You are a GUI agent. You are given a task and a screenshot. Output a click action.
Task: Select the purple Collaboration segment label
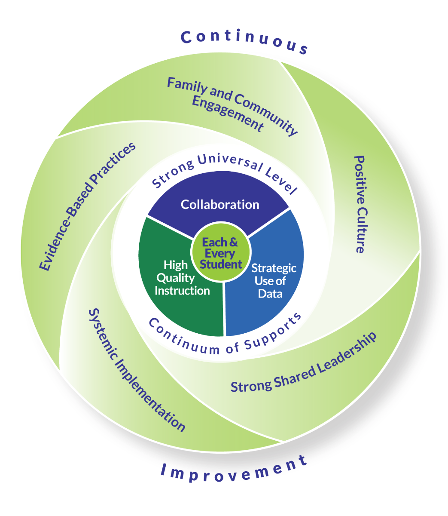220,204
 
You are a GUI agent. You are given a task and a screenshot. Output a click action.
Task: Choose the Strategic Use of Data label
274,281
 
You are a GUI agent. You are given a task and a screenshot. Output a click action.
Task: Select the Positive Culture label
359,204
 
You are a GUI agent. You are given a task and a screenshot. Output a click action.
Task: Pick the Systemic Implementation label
137,370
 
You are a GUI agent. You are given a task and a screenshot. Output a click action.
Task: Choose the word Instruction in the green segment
182,290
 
